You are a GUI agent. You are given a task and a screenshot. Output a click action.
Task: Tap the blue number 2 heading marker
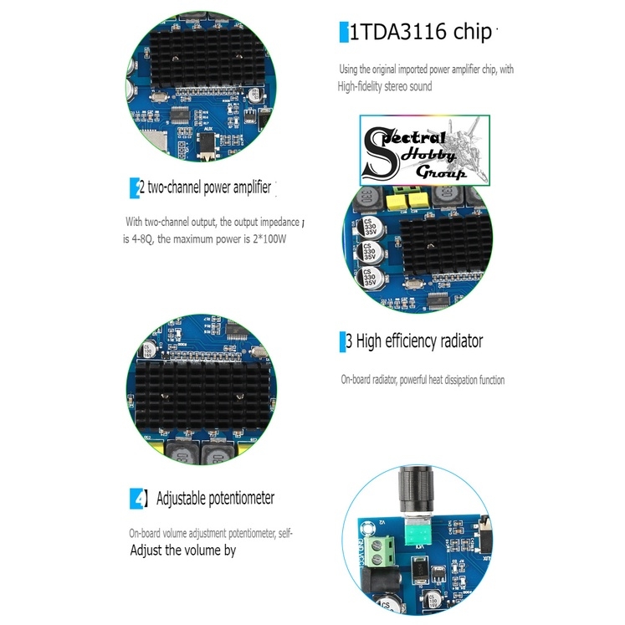[x=135, y=188]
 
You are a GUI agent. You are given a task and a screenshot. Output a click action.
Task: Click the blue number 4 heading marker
[x=139, y=499]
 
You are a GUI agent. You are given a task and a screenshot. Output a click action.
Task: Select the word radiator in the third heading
[x=455, y=341]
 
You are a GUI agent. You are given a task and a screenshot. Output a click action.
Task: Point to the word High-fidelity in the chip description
[x=367, y=86]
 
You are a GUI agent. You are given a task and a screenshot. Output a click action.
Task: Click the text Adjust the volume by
[x=182, y=551]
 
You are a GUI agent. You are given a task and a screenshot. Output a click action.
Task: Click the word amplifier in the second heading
[x=248, y=188]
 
